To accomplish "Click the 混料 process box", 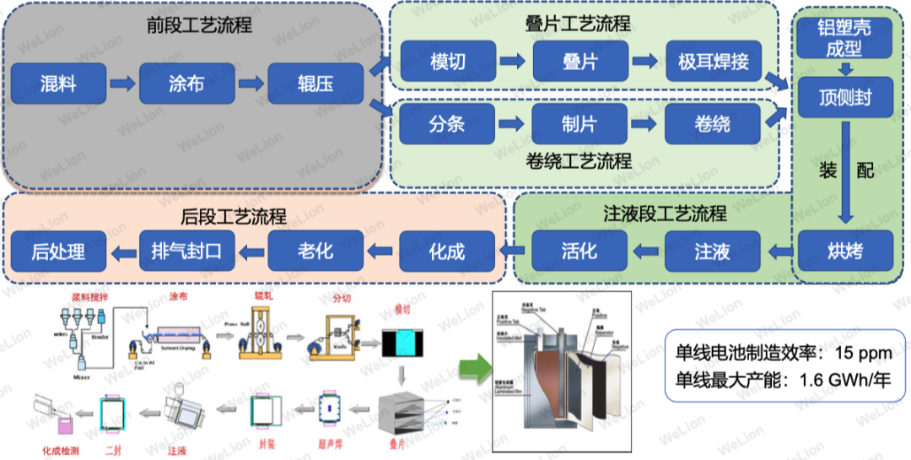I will (x=58, y=84).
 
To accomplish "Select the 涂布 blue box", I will (x=186, y=84).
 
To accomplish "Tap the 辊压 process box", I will (x=315, y=84).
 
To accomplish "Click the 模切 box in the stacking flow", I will (x=447, y=61).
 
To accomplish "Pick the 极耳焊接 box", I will (x=713, y=61).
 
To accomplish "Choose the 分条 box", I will (x=447, y=124).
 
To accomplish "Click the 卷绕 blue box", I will (x=713, y=124).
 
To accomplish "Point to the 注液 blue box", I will (x=713, y=251).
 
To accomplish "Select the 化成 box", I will (x=447, y=251).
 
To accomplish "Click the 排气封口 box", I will (x=186, y=251).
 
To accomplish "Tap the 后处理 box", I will (x=58, y=251).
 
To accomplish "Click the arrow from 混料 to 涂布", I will (x=122, y=84).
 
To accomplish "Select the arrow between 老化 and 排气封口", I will (x=251, y=251).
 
